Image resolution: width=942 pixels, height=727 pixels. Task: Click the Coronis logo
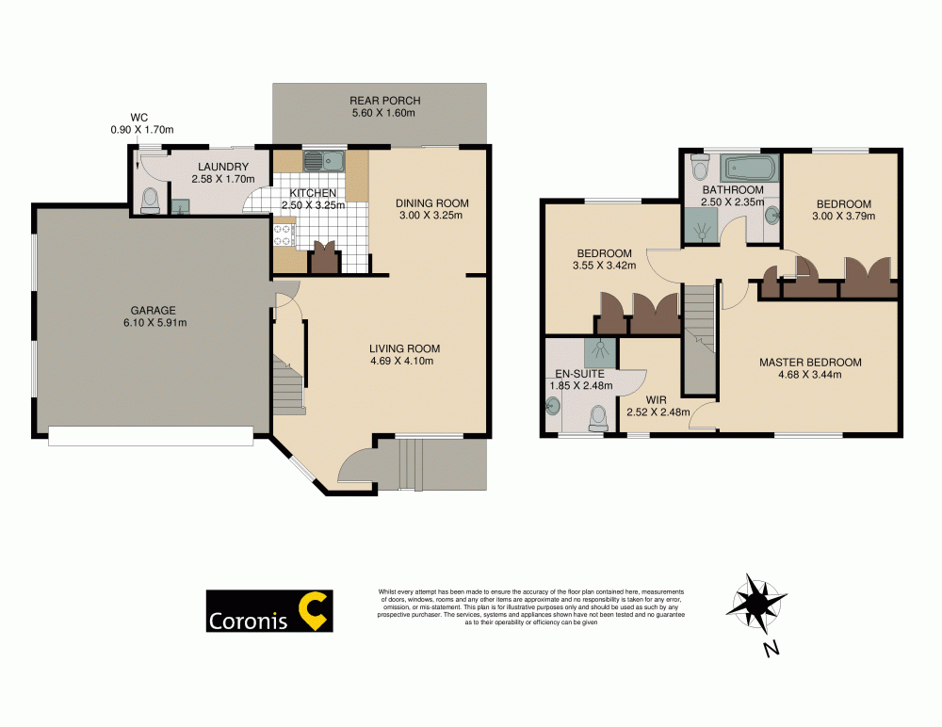[268, 610]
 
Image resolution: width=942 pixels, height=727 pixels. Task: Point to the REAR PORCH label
[384, 101]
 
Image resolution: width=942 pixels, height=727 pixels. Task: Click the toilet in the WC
[149, 200]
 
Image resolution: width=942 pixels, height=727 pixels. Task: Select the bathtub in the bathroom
[747, 170]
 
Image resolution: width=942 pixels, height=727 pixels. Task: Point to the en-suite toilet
[597, 415]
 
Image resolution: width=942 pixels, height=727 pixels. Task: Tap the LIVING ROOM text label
[404, 349]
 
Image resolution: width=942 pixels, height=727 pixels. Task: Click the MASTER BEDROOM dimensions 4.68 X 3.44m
[810, 375]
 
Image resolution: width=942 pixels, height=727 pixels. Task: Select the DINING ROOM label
[431, 203]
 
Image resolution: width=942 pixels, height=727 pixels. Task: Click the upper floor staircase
[698, 339]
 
